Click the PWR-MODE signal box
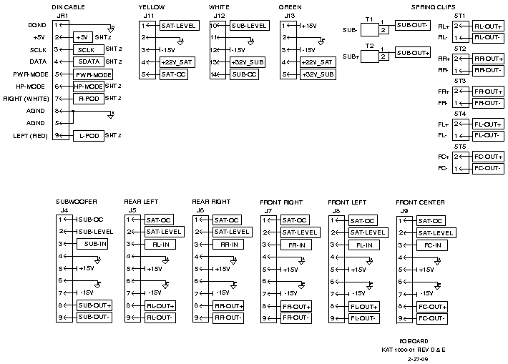click(93, 74)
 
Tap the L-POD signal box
click(88, 135)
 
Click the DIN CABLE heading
click(69, 6)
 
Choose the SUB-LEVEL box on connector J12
click(248, 26)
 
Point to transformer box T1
click(370, 30)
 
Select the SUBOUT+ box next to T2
click(412, 54)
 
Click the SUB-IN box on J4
click(94, 244)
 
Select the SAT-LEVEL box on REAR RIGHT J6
click(230, 232)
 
